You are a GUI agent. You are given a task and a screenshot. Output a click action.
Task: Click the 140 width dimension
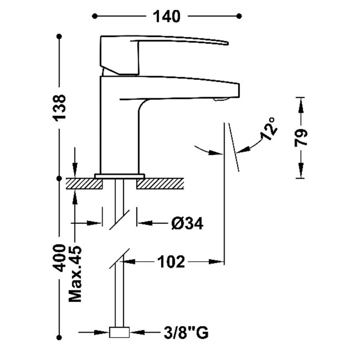click(x=166, y=17)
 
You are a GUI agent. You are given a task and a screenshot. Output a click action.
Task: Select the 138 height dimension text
click(x=59, y=107)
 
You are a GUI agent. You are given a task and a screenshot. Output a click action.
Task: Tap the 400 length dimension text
click(x=59, y=259)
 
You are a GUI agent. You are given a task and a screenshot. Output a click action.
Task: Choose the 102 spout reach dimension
click(x=171, y=261)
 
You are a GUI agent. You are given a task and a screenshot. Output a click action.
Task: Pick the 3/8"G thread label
click(x=185, y=333)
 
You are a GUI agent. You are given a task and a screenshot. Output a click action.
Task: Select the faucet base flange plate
click(x=120, y=175)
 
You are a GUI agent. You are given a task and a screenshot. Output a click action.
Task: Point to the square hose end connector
click(x=120, y=333)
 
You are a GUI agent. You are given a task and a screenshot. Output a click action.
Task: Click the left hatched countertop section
click(x=85, y=184)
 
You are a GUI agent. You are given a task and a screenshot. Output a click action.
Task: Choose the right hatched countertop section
click(x=160, y=184)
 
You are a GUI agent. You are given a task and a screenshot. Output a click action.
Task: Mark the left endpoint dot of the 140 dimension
click(x=94, y=16)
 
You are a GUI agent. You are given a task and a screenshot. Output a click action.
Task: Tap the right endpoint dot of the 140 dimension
click(x=239, y=16)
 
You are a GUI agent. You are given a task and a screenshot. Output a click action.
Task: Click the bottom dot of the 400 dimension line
click(x=59, y=337)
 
